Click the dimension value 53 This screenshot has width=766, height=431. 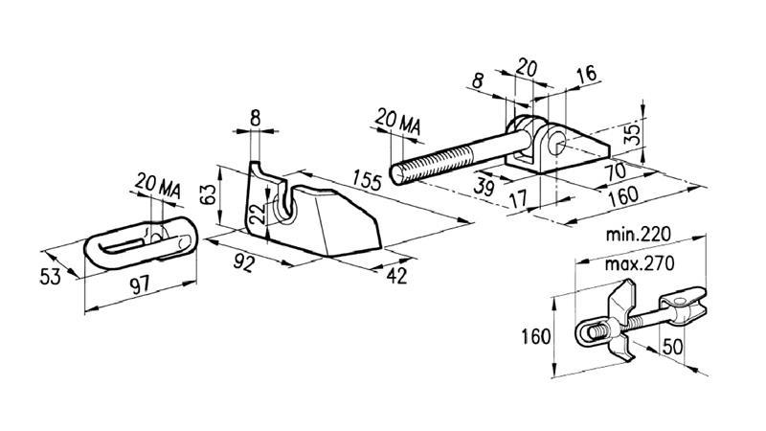[53, 276]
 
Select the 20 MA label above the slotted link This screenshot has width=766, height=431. [160, 181]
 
